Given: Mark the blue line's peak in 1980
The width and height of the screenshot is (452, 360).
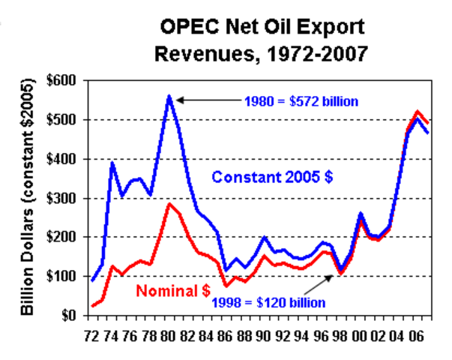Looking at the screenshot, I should pyautogui.click(x=169, y=96).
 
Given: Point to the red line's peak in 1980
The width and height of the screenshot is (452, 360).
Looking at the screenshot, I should pyautogui.click(x=170, y=204).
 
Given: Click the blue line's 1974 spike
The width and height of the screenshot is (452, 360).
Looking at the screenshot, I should pyautogui.click(x=112, y=163).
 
